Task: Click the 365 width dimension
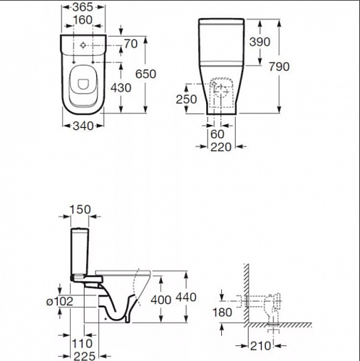click(x=82, y=7)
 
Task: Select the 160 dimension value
click(x=82, y=20)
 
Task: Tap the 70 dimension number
click(x=131, y=44)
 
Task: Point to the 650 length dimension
click(x=145, y=74)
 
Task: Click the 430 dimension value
click(x=121, y=88)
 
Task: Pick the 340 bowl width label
click(x=83, y=126)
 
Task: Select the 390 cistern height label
click(x=260, y=42)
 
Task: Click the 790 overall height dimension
click(x=279, y=66)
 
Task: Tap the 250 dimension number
click(x=187, y=99)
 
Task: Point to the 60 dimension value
click(x=218, y=134)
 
